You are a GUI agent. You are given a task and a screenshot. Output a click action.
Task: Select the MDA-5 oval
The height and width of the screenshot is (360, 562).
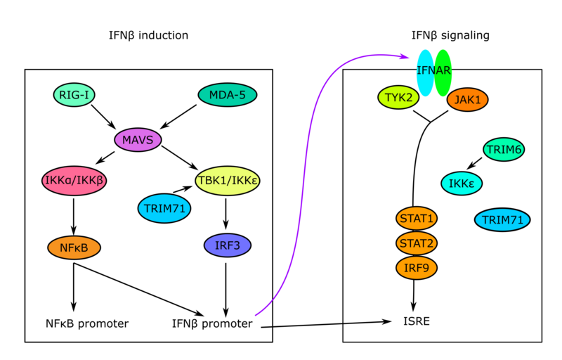click(x=227, y=94)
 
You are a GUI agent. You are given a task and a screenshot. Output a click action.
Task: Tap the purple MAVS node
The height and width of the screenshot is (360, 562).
click(x=138, y=139)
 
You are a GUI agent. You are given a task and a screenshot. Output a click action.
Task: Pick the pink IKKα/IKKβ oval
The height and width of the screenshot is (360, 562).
click(x=74, y=180)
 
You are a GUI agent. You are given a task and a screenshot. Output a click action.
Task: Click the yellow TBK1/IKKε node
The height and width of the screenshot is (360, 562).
click(x=225, y=180)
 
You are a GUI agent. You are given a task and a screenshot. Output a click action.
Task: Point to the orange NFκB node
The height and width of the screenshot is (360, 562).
click(x=74, y=247)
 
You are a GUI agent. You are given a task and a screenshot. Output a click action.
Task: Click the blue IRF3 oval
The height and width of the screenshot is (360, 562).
click(x=227, y=245)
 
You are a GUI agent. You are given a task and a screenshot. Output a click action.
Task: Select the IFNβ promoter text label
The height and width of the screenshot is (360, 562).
click(x=212, y=323)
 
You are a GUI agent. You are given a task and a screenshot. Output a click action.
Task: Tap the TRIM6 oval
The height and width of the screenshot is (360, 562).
click(x=504, y=149)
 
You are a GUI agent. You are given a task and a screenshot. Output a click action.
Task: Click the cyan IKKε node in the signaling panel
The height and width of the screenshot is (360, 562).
click(x=462, y=184)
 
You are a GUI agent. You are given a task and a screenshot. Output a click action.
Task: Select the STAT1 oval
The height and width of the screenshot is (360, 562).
click(x=417, y=218)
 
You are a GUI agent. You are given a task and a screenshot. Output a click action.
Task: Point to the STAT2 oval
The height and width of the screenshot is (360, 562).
click(x=417, y=243)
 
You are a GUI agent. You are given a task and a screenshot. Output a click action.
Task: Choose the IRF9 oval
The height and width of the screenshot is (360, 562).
click(x=417, y=267)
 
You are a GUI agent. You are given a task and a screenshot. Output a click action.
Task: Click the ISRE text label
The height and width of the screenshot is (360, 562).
click(x=417, y=322)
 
